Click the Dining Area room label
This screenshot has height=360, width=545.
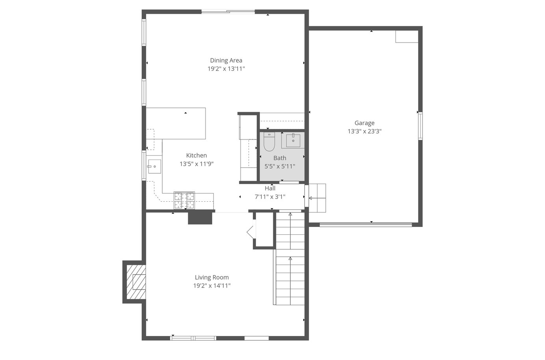[x=226, y=60]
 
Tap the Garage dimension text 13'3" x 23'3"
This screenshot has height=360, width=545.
[x=365, y=132]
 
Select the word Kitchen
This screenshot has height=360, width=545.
[x=196, y=155]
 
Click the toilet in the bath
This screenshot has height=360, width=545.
[x=269, y=142]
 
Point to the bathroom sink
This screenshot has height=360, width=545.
[x=293, y=141]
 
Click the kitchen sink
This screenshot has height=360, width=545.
[x=154, y=167]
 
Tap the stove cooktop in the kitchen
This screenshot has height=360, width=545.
[x=184, y=200]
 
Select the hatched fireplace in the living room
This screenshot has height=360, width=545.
[x=136, y=282]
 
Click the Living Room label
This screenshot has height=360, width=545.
[x=212, y=277]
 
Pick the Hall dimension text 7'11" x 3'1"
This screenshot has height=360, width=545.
[x=270, y=197]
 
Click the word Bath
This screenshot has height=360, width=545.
[x=280, y=158]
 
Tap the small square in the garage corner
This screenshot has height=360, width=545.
[x=407, y=37]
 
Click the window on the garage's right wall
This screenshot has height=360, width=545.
[x=420, y=126]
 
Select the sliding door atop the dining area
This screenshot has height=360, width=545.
[x=228, y=11]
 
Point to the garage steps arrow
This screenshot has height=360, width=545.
[x=317, y=198]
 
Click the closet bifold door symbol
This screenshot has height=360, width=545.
[x=251, y=232]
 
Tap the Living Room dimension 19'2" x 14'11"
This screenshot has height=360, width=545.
[x=212, y=286]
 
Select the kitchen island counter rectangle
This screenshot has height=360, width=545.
[x=176, y=123]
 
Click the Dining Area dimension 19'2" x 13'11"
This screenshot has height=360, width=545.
[x=226, y=69]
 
